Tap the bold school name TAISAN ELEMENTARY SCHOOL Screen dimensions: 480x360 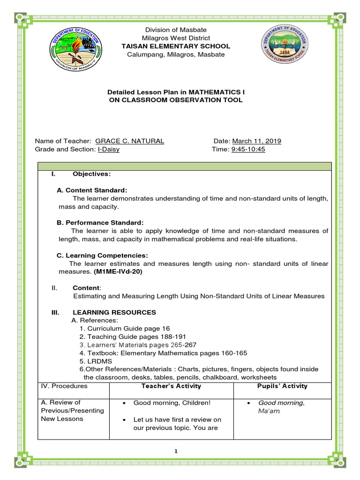pyautogui.click(x=176, y=46)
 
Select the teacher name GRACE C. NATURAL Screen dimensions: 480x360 pyautogui.click(x=129, y=141)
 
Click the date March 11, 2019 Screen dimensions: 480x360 pyautogui.click(x=256, y=141)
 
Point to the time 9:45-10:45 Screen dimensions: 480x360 pyautogui.click(x=248, y=149)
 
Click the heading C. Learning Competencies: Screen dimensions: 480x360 pyautogui.click(x=102, y=255)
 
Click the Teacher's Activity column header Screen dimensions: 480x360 pyautogui.click(x=171, y=386)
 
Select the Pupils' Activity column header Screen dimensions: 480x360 pyautogui.click(x=283, y=386)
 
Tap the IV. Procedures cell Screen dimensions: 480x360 pyautogui.click(x=65, y=386)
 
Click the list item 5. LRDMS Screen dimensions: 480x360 pyautogui.click(x=94, y=361)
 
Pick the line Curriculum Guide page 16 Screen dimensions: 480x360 pyautogui.click(x=124, y=328)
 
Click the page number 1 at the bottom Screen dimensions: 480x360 pyautogui.click(x=176, y=451)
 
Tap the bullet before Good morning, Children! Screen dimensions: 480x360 pyautogui.click(x=123, y=403)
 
